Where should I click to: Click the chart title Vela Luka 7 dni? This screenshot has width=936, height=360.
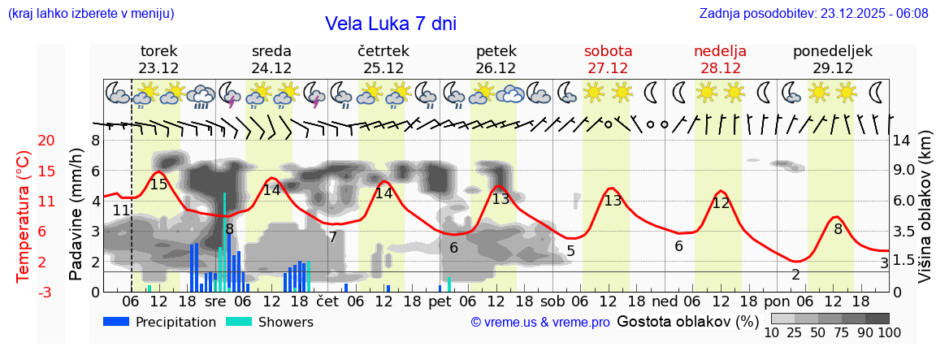click(391, 24)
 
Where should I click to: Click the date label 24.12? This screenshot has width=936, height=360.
click(271, 68)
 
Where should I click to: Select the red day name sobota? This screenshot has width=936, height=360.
click(608, 51)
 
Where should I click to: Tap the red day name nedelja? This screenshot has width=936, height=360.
click(720, 51)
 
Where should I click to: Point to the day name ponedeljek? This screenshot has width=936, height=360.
click(833, 51)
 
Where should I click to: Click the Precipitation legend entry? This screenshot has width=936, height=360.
click(160, 322)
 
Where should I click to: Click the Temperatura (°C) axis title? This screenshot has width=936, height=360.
click(24, 215)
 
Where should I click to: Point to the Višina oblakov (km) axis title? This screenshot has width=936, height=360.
click(925, 215)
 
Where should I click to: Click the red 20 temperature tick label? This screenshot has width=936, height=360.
click(45, 141)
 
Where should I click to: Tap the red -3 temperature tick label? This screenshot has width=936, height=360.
click(45, 292)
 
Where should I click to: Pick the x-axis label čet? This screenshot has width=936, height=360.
click(327, 301)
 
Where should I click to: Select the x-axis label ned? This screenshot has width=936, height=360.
click(665, 301)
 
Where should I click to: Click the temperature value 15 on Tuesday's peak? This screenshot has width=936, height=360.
click(158, 184)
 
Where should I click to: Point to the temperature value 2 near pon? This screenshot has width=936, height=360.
click(795, 275)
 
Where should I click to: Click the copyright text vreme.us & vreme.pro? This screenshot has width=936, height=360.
click(540, 323)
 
